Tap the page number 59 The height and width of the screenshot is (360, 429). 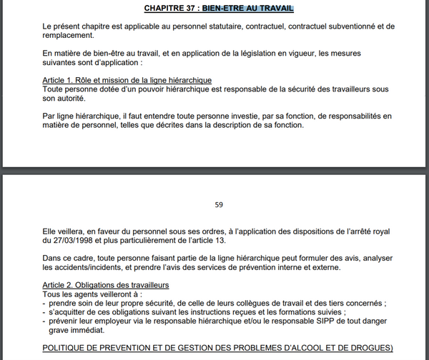pos(219,204)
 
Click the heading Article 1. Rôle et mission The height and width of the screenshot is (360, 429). pos(127,79)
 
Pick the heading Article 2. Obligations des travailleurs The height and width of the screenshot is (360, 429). pos(105,285)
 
